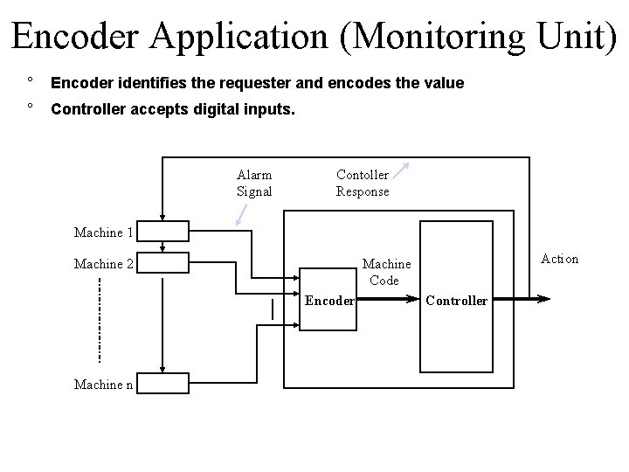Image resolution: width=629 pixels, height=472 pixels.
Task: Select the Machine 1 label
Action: pos(104,233)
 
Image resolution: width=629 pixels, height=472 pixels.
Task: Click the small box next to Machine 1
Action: pos(163,232)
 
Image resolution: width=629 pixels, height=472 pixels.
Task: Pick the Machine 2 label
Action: pos(104,264)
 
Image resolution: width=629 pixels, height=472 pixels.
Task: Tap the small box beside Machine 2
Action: pos(163,262)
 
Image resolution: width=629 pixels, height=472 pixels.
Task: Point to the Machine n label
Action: pos(104,385)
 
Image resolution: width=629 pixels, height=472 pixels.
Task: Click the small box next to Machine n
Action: pos(163,383)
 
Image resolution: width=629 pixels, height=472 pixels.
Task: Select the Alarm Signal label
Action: pos(254,184)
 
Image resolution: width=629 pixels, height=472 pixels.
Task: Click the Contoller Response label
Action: pos(363,184)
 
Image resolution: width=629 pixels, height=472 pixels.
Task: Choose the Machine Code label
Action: pos(385,272)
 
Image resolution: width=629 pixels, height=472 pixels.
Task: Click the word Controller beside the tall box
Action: pos(456,301)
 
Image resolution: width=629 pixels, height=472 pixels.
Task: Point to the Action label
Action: pos(559,259)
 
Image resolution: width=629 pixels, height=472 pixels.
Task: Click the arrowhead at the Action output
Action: pos(543,299)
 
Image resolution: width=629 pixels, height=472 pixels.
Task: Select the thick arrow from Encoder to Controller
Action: pos(389,299)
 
